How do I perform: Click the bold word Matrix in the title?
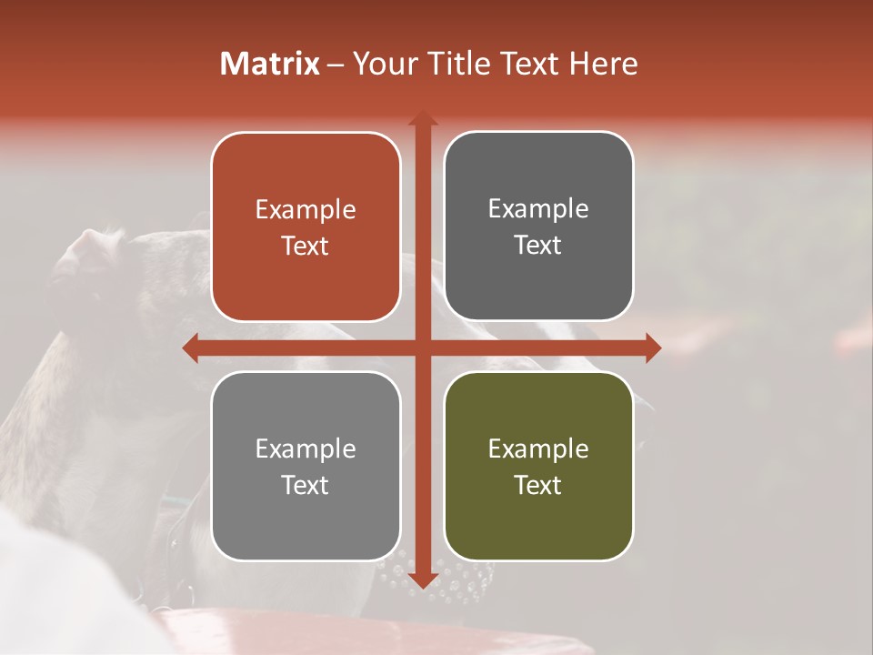[270, 64]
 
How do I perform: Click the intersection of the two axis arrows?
[423, 348]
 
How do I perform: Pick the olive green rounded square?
[538, 528]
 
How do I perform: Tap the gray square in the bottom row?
[306, 528]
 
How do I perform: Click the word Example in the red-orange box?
[306, 210]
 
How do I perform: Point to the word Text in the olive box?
[538, 485]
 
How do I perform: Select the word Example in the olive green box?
[538, 448]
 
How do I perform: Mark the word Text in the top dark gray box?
[538, 246]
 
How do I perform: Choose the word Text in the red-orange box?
[306, 247]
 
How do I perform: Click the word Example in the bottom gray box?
[306, 448]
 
